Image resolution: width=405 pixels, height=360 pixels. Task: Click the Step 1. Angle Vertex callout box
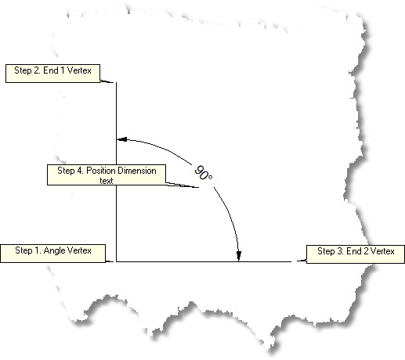(52, 254)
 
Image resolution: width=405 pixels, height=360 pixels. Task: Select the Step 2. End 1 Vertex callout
(52, 74)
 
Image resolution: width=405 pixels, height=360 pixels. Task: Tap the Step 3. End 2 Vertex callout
(356, 254)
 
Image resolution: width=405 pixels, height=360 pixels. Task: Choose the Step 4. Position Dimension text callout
(107, 175)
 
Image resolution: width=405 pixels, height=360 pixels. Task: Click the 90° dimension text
(204, 173)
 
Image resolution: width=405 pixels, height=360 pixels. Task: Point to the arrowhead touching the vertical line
(122, 139)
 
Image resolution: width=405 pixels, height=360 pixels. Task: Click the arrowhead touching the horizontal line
(239, 256)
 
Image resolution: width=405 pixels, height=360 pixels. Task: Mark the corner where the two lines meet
(117, 261)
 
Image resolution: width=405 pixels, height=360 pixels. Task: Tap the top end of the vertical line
(117, 82)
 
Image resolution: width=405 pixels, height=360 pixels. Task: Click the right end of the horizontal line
(291, 261)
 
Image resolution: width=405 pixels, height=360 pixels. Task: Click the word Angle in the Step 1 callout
(55, 250)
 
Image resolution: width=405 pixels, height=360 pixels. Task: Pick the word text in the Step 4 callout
(107, 181)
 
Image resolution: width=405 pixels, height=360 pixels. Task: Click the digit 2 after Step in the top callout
(37, 70)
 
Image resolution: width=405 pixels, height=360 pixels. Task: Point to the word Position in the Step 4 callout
(101, 171)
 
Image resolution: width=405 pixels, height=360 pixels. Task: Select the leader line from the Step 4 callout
(183, 185)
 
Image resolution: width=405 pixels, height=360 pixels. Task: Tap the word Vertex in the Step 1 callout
(79, 250)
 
